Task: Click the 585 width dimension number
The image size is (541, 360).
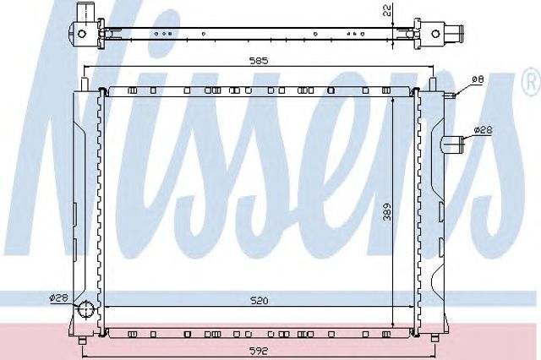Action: [259, 61]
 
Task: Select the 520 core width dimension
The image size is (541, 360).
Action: [260, 301]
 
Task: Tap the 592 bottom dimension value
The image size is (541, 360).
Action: [260, 351]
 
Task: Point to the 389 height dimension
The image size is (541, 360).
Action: [387, 211]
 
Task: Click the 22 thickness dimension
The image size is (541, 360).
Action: [387, 10]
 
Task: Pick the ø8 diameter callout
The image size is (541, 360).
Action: [478, 79]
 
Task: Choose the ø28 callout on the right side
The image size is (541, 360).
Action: [483, 130]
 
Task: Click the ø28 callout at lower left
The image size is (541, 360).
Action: [58, 297]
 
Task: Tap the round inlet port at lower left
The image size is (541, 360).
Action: [85, 309]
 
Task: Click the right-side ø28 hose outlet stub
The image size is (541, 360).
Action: [453, 145]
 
